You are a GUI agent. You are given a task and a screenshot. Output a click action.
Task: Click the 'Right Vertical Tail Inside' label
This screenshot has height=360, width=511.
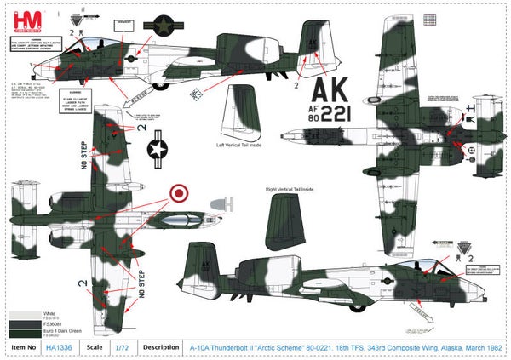click(291, 189)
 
